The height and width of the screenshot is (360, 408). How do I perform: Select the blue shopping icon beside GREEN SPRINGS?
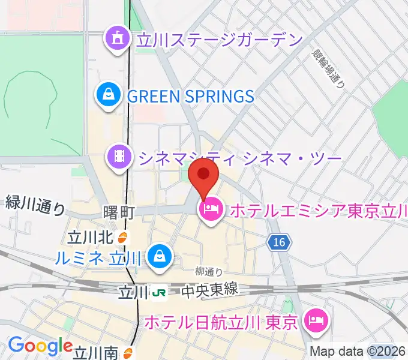(109, 95)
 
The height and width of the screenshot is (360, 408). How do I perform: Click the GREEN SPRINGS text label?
(190, 95)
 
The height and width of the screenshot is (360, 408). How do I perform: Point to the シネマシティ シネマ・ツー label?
(239, 157)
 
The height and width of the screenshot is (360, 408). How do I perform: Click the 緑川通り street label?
(35, 205)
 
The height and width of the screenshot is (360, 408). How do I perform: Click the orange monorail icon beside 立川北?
(122, 238)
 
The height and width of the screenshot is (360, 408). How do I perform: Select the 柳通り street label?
(209, 271)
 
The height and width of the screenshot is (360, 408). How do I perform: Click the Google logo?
(41, 346)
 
